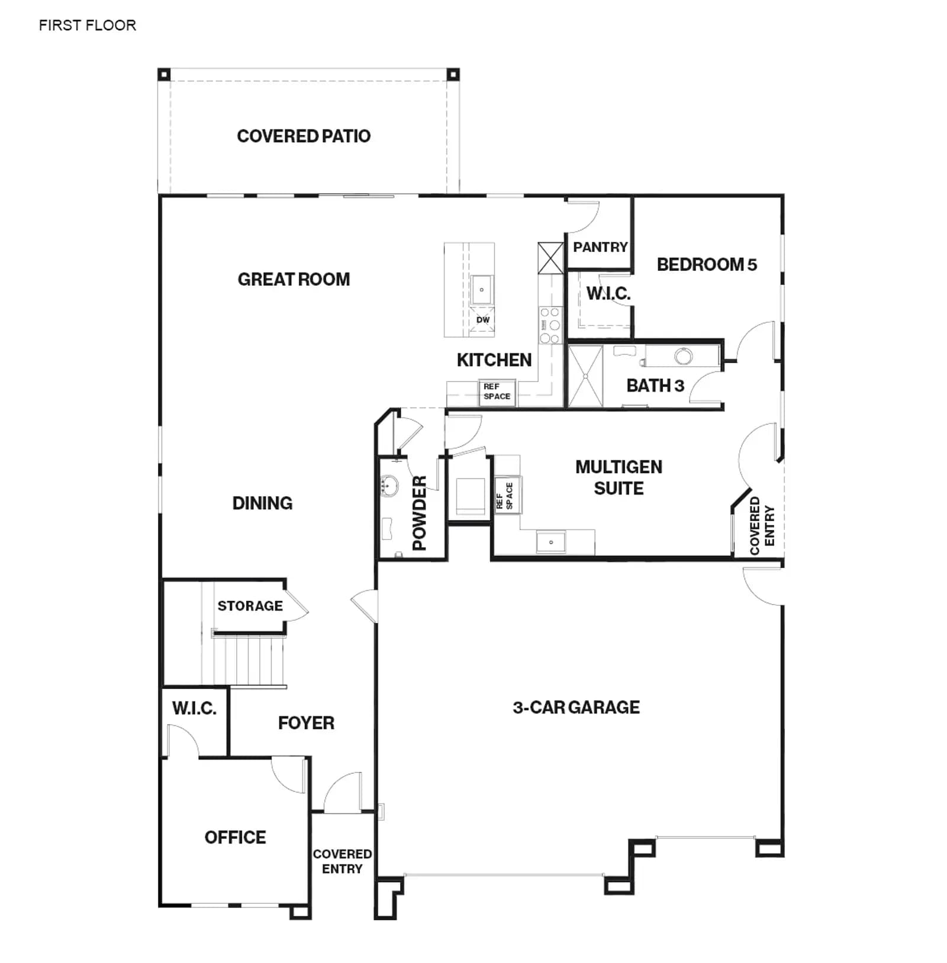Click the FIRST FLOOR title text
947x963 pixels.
coord(88,25)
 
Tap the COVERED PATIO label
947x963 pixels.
coord(304,136)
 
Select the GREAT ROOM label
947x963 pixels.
coord(294,279)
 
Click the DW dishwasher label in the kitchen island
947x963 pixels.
coord(483,320)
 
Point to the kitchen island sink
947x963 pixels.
coord(482,290)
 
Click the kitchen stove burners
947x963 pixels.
coord(549,325)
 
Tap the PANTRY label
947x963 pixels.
coord(600,247)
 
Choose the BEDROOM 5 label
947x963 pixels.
coord(707,264)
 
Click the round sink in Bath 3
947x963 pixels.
coord(684,356)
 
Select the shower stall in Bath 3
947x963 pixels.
coord(585,377)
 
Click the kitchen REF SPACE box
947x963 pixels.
coord(497,392)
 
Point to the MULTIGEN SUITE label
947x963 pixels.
coord(619,477)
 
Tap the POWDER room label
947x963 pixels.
coord(419,513)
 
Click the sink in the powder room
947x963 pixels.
coord(389,486)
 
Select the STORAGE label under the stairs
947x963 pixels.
coord(250,606)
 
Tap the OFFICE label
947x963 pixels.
coord(235,837)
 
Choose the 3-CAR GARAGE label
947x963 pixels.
coord(576,707)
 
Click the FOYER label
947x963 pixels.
coord(306,723)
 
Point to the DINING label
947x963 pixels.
coord(262,503)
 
